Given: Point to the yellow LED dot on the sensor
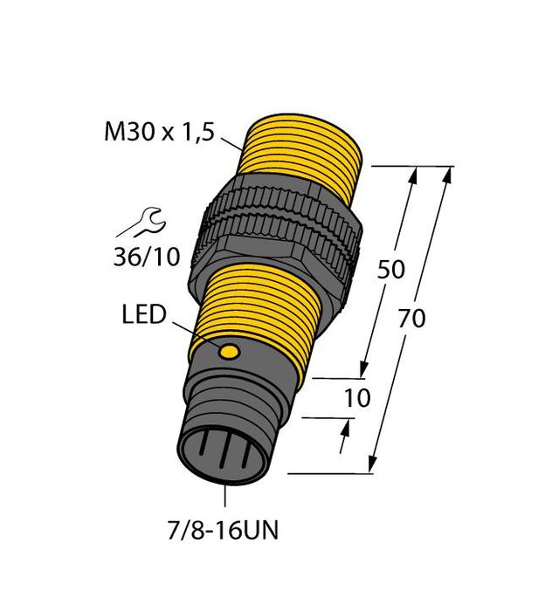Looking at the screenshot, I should tap(230, 353).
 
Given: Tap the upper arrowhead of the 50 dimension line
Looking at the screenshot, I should tap(414, 175).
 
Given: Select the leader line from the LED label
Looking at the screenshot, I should tap(194, 333).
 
